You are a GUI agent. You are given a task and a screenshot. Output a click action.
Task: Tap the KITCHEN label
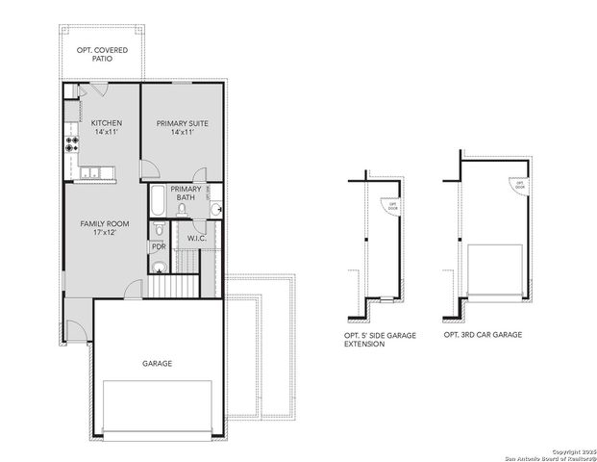106,122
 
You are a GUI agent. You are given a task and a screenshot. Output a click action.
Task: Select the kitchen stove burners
71,145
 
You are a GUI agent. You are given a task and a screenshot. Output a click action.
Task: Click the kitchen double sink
91,173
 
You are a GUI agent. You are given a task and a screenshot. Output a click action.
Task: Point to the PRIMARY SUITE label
182,122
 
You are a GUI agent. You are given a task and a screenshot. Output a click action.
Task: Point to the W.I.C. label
196,238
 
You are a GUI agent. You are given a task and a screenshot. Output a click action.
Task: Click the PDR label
159,246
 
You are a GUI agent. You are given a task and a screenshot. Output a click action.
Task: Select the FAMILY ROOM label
104,223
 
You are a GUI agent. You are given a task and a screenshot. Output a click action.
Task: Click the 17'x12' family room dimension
104,234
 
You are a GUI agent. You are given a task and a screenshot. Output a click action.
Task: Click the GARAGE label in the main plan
158,364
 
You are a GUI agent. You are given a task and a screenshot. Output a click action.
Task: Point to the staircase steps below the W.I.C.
175,285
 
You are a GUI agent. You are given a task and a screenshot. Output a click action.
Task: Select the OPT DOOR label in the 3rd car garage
520,184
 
